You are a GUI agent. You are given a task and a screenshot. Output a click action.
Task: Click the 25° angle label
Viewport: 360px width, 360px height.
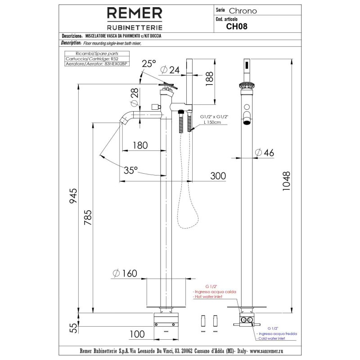click(148, 64)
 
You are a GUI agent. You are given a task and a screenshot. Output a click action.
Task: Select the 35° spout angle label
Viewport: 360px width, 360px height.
click(130, 170)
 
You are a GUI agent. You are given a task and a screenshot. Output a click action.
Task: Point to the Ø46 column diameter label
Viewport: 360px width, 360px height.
click(264, 152)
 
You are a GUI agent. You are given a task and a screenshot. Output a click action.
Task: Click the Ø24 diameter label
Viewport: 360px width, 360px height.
click(170, 70)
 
